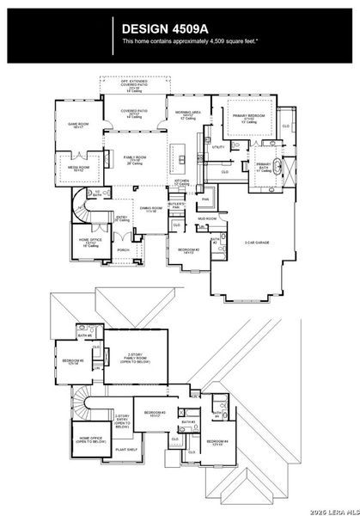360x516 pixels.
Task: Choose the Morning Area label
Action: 188,115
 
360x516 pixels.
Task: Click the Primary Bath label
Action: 263,168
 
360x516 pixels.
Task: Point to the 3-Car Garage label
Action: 256,243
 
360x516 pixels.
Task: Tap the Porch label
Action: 123,250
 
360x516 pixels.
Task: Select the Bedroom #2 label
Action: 190,251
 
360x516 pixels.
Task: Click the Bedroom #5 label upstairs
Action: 73,361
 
